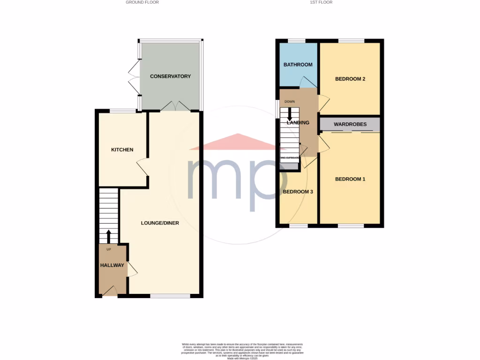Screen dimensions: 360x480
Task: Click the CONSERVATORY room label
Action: coord(170,76)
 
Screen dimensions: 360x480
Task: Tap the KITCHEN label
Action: coord(122,150)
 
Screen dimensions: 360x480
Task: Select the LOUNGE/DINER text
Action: coord(160,223)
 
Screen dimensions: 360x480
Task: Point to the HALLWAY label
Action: coord(112,265)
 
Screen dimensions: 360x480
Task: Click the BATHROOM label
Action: coord(298,65)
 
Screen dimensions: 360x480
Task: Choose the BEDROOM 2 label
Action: coord(350,79)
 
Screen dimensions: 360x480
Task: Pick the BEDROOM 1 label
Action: coord(350,179)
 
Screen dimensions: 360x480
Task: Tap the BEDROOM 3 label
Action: coord(298,192)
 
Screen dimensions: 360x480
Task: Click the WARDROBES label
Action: coord(350,125)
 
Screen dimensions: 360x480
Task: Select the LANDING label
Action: coord(298,123)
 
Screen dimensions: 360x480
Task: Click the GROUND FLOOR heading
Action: coord(142,2)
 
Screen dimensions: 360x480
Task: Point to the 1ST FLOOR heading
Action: coord(321,2)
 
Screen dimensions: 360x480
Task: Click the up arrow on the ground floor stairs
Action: coord(109,236)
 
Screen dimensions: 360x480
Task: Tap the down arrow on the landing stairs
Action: coord(290,114)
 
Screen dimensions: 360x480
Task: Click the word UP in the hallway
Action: coord(109,249)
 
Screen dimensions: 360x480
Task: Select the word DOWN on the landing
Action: coord(290,101)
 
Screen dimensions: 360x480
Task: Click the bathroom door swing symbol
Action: coord(307,82)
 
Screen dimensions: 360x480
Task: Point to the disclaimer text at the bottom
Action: coord(240,351)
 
